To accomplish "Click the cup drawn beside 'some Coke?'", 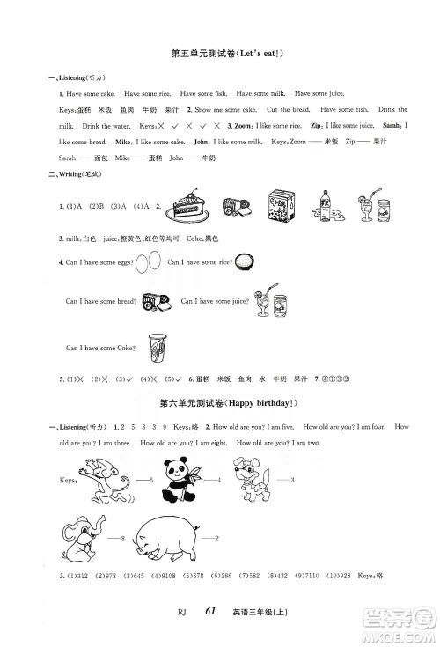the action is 158,344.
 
